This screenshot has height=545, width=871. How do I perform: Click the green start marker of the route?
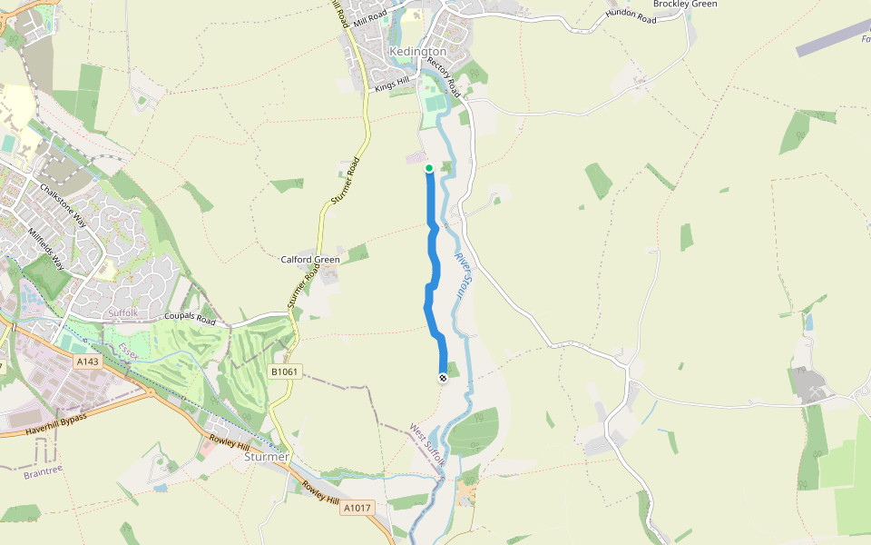pos(428,168)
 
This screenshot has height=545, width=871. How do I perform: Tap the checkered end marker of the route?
pos(442,377)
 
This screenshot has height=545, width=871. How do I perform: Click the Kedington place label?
pos(417,52)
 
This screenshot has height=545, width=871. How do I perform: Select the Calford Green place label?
pos(310,260)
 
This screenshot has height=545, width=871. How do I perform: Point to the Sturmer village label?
pos(266,457)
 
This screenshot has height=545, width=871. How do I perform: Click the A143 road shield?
pos(87,362)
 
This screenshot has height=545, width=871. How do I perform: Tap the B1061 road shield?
pos(285,372)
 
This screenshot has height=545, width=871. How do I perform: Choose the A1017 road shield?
pos(357,509)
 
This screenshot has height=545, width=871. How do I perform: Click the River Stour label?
pos(465,277)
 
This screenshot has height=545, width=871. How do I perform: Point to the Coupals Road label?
pos(190,320)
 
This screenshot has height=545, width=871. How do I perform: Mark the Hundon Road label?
pos(630,16)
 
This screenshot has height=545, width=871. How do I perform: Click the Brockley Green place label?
pos(685,5)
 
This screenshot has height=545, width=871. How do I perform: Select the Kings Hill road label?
pos(392,84)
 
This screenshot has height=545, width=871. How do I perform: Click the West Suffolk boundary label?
pos(427,445)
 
